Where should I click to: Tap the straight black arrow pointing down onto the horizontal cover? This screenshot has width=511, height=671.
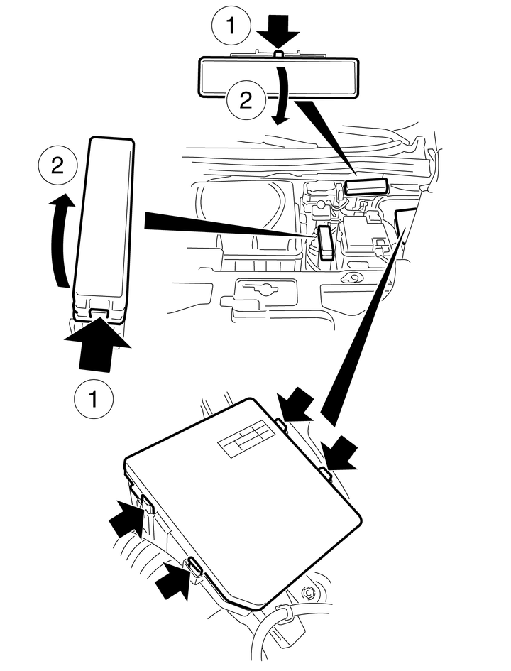pyautogui.click(x=279, y=32)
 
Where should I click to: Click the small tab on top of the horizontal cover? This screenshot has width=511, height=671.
pyautogui.click(x=279, y=53)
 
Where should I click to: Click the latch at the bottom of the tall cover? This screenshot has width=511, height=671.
pyautogui.click(x=99, y=310)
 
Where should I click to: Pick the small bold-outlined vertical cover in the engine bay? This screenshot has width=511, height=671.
pyautogui.click(x=326, y=242)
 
